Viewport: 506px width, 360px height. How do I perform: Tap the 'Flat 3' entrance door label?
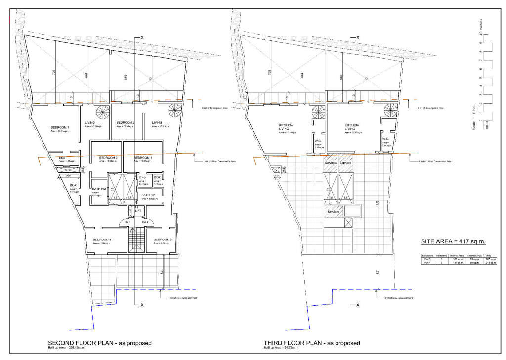point(127,222)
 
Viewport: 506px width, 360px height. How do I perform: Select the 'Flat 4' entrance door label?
point(145,222)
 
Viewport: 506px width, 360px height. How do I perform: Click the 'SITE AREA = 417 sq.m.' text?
point(453,241)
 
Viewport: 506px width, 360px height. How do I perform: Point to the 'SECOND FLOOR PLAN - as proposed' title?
point(99,343)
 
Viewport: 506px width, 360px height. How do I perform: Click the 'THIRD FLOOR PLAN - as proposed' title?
point(312,343)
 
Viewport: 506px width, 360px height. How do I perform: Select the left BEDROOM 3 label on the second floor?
point(102,240)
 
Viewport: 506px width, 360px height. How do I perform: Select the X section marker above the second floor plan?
point(142,38)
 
